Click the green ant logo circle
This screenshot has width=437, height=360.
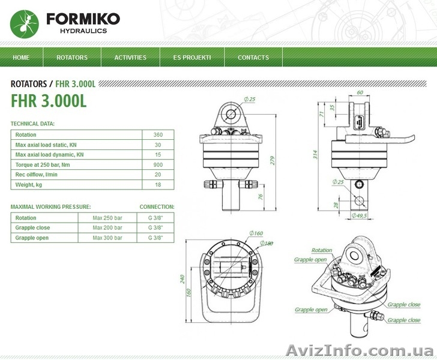click(x=25, y=24)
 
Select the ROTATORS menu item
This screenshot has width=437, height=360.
click(x=72, y=58)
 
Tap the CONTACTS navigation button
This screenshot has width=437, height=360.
click(x=253, y=58)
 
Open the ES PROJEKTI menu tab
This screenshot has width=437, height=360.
click(x=192, y=58)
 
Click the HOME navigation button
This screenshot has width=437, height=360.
click(x=21, y=58)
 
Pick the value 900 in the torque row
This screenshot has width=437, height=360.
click(x=158, y=164)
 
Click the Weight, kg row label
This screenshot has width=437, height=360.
click(x=29, y=185)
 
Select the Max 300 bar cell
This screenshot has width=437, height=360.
click(x=107, y=238)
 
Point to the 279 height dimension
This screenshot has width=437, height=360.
click(x=273, y=160)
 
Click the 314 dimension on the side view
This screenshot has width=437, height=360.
click(x=315, y=154)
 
